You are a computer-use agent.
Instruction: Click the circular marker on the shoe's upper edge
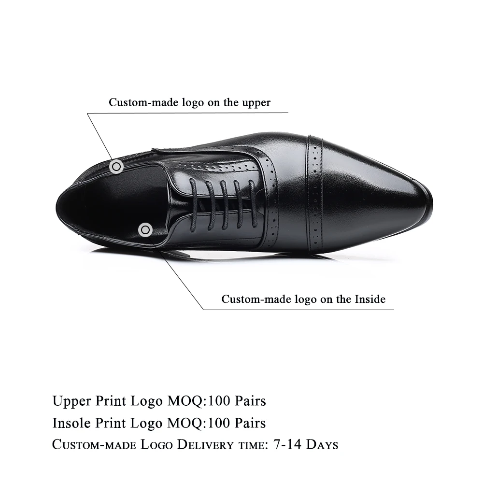(116, 167)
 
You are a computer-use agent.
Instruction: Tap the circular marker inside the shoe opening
(145, 230)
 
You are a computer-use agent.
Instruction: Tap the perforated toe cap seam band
(315, 193)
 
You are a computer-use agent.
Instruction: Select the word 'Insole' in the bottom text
(71, 423)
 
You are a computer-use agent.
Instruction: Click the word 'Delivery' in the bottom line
(199, 444)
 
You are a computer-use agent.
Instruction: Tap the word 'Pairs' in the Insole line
(250, 423)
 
